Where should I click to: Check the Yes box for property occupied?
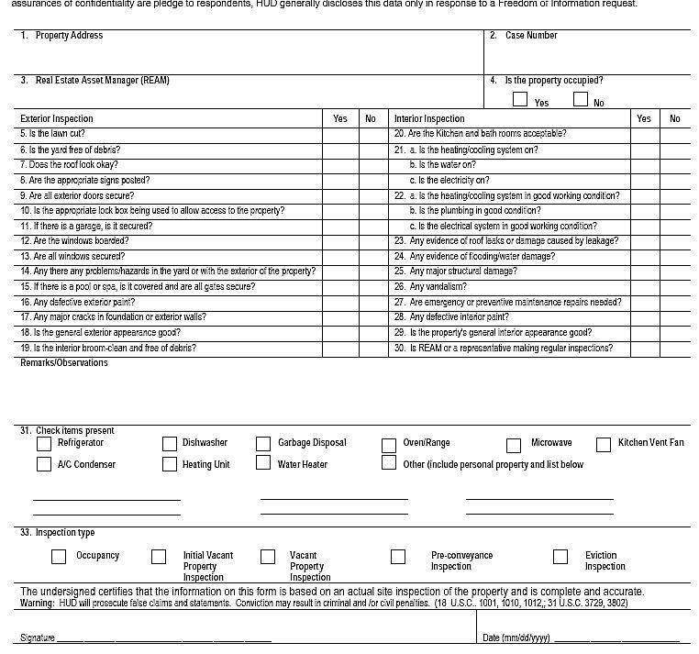(520, 99)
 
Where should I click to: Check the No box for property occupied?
(580, 99)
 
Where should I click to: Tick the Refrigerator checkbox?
(44, 444)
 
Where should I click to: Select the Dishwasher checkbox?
(169, 444)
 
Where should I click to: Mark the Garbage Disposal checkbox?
(264, 444)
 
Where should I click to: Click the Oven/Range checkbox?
(389, 445)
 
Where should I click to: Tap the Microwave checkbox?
(514, 445)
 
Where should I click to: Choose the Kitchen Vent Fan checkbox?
(603, 444)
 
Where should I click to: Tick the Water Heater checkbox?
(264, 464)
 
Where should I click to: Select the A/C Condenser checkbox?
(44, 464)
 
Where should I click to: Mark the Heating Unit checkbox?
(169, 464)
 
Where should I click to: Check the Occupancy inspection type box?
(59, 556)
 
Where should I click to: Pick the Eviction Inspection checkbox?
(560, 556)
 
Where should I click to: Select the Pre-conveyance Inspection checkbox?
(398, 556)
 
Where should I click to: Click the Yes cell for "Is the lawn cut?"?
(340, 134)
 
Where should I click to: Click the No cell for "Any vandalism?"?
(674, 287)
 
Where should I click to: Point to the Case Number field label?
(530, 36)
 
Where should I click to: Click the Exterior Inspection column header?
(57, 118)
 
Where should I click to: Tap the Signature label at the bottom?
(38, 637)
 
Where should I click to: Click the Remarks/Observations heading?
(64, 363)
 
